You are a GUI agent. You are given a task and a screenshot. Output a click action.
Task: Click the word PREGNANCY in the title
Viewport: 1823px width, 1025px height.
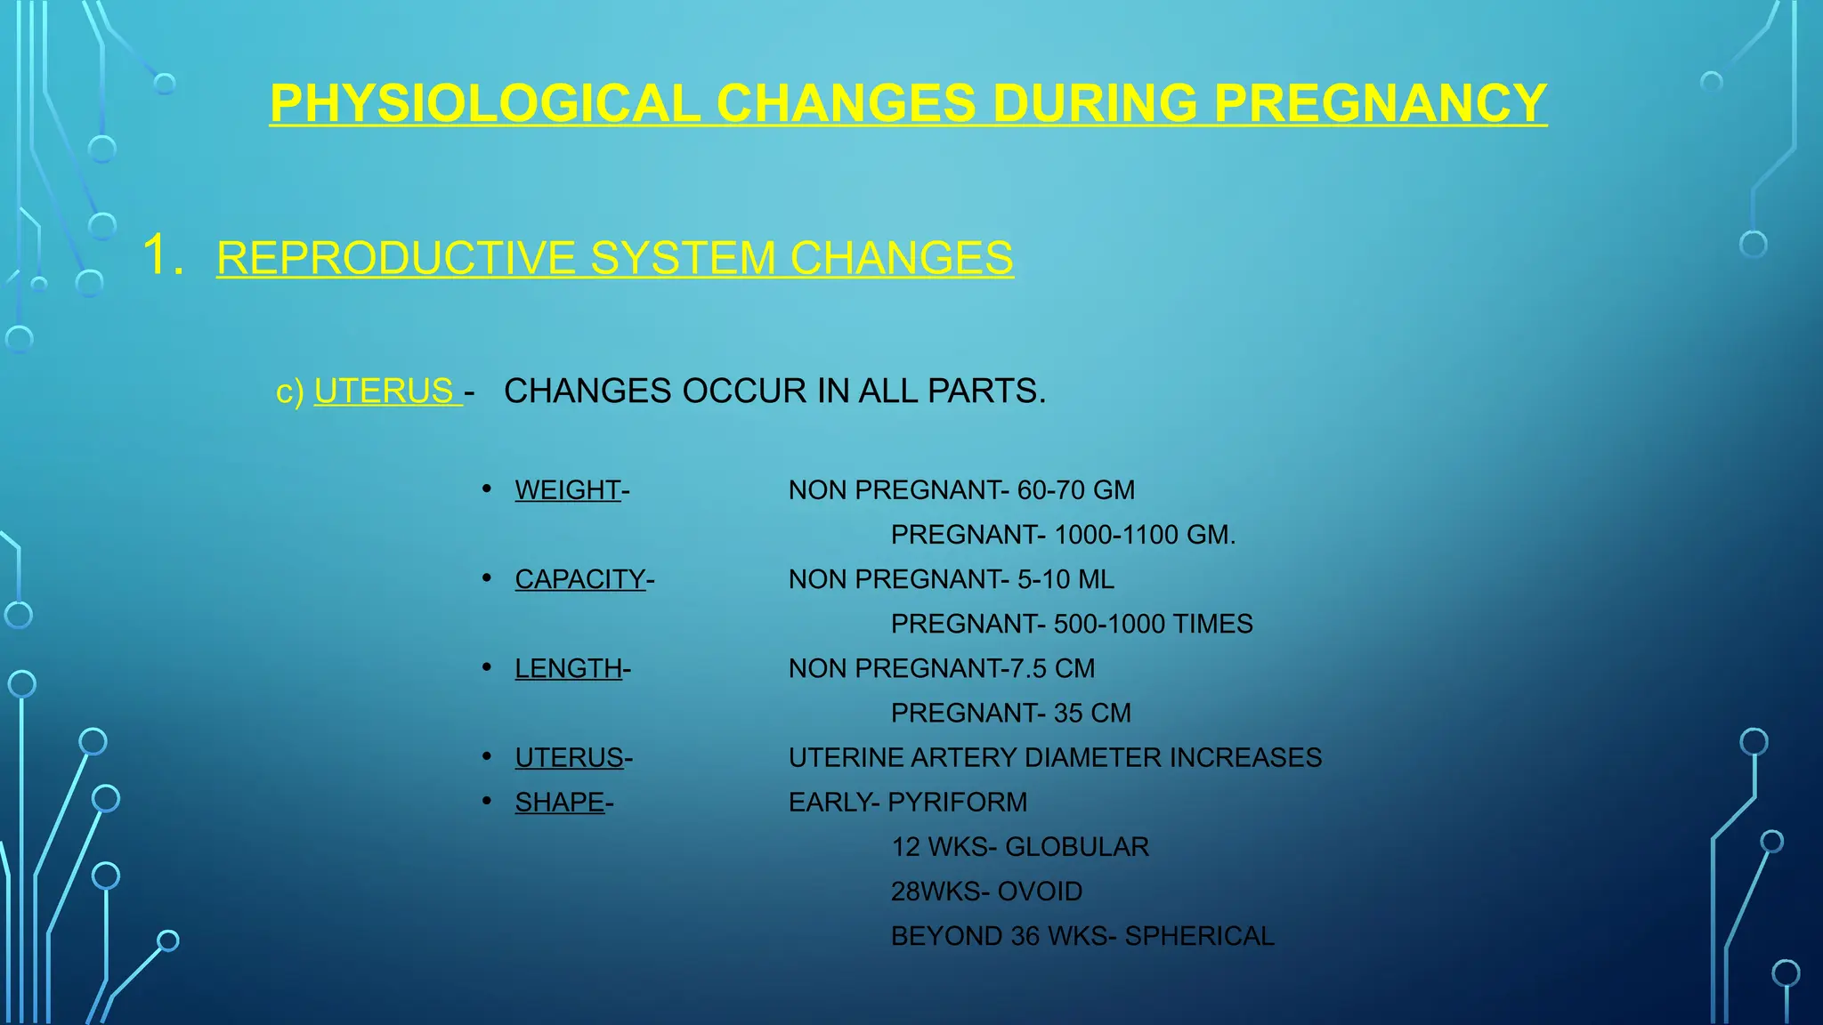click(1380, 103)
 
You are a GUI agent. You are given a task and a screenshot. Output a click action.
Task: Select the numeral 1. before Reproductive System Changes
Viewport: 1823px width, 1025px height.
click(163, 255)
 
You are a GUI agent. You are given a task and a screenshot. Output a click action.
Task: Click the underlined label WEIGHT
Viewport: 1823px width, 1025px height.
click(567, 490)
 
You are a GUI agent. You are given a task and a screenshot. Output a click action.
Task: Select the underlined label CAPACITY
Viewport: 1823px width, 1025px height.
click(579, 579)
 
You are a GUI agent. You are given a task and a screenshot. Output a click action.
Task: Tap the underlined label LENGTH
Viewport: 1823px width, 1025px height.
click(568, 668)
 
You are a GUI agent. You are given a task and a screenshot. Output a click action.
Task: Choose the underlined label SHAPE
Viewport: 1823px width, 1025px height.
click(559, 802)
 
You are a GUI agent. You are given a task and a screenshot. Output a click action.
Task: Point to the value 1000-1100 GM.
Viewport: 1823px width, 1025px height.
click(1144, 535)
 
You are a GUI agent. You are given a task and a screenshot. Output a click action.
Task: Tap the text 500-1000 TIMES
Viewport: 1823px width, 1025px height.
click(1153, 624)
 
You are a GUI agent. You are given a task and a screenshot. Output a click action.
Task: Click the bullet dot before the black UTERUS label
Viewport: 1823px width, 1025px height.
click(487, 756)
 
